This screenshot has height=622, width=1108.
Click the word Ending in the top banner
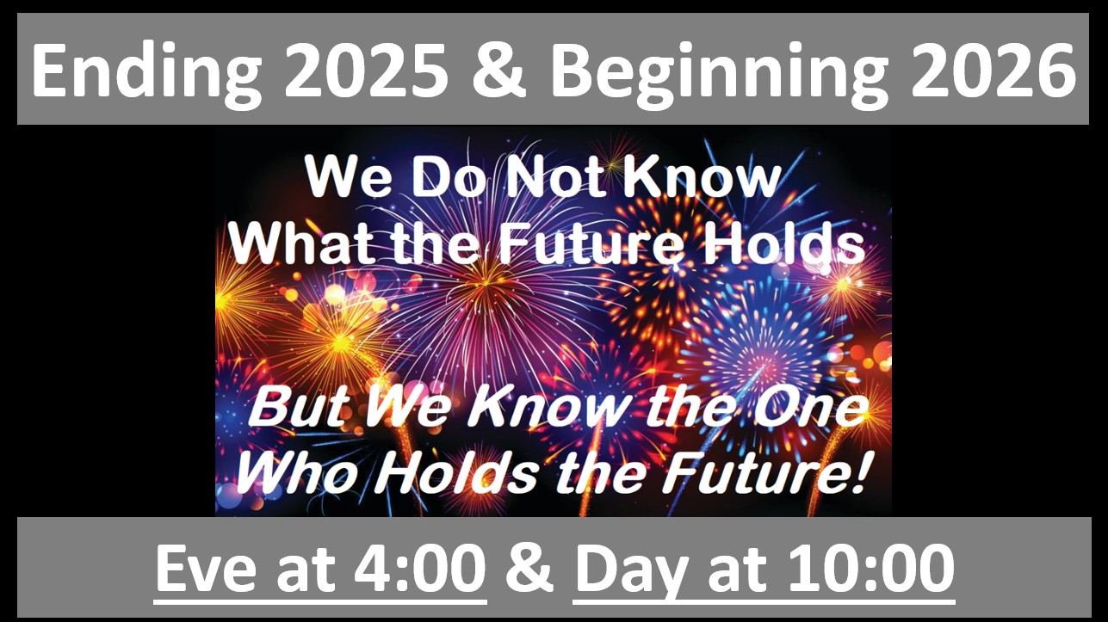click(147, 72)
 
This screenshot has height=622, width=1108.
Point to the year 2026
click(993, 71)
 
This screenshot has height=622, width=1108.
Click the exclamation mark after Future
click(859, 473)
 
